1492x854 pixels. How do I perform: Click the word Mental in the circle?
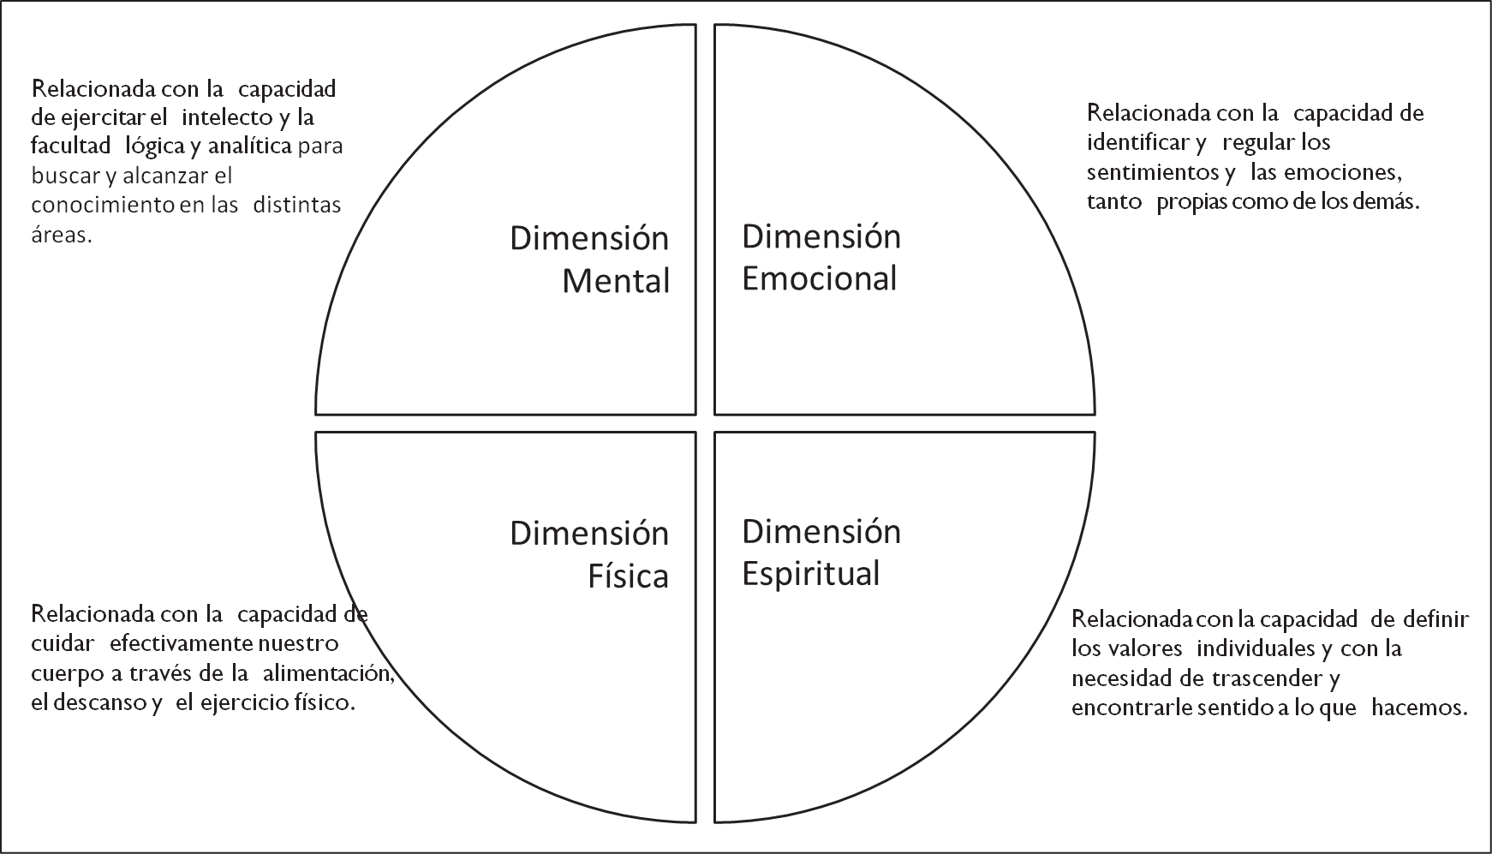pos(616,281)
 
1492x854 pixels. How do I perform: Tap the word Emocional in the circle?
pos(820,278)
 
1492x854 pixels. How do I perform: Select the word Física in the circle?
pos(628,576)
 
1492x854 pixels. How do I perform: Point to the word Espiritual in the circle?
pos(811,574)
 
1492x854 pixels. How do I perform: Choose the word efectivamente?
pos(182,643)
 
